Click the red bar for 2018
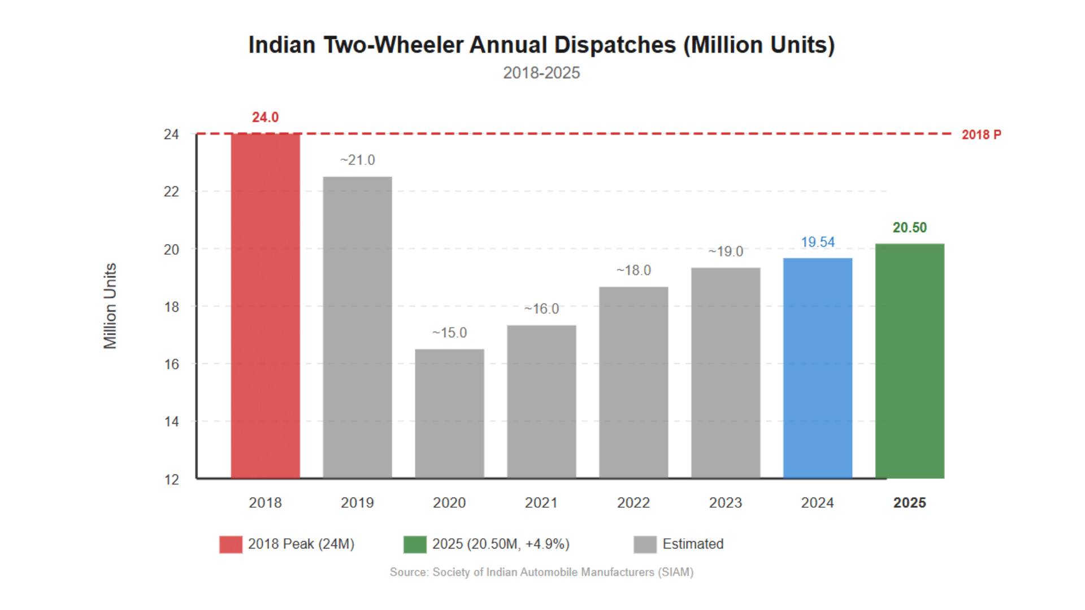pyautogui.click(x=265, y=306)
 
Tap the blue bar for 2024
pyautogui.click(x=817, y=368)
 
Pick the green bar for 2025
pyautogui.click(x=909, y=361)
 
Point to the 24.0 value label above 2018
pyautogui.click(x=265, y=117)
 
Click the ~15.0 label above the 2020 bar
pyautogui.click(x=449, y=333)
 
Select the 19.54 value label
pyautogui.click(x=817, y=242)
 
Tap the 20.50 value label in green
pyautogui.click(x=909, y=228)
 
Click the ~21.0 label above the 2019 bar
pyautogui.click(x=357, y=160)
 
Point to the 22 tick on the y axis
pyautogui.click(x=171, y=192)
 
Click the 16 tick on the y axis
pyautogui.click(x=171, y=364)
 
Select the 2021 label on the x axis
pyautogui.click(x=541, y=503)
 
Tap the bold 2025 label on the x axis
pyautogui.click(x=909, y=503)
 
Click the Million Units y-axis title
pyautogui.click(x=110, y=306)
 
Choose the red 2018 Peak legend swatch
pyautogui.click(x=231, y=544)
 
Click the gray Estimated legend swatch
pyautogui.click(x=645, y=544)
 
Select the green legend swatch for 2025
pyautogui.click(x=415, y=544)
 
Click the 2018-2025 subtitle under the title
pyautogui.click(x=541, y=73)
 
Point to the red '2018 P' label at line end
pyautogui.click(x=981, y=135)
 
